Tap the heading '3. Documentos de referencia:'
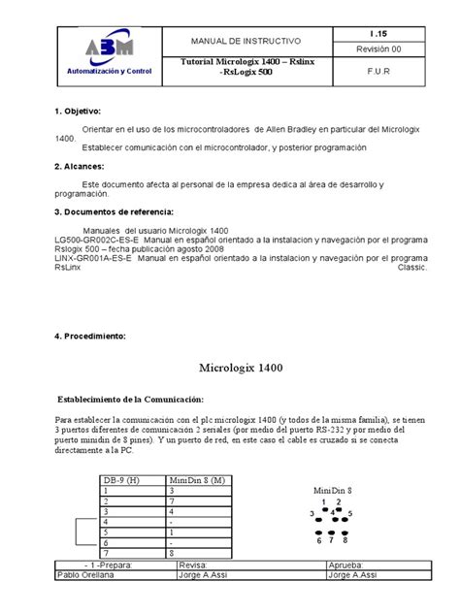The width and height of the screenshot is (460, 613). click(112, 210)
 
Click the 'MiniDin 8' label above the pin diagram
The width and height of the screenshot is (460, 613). click(333, 490)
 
